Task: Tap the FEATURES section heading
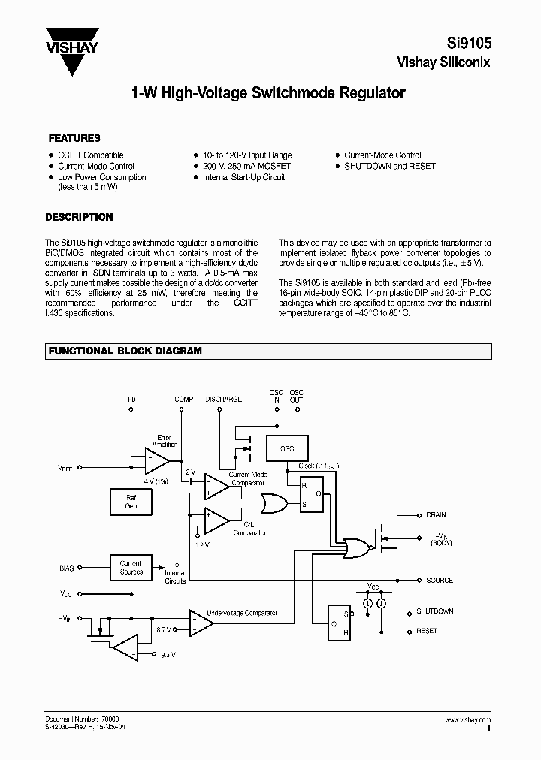point(74,138)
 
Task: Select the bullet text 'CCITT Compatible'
point(90,155)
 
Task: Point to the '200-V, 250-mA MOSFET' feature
point(246,166)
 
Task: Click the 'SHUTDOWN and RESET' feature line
point(389,166)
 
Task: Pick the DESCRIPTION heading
point(79,217)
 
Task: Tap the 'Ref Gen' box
point(131,502)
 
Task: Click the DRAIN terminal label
point(436,515)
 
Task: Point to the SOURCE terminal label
point(440,581)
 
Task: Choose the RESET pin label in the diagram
point(426,631)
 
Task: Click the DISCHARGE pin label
point(223,399)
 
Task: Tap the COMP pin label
point(183,399)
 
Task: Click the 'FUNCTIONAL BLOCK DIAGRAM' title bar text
point(125,351)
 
